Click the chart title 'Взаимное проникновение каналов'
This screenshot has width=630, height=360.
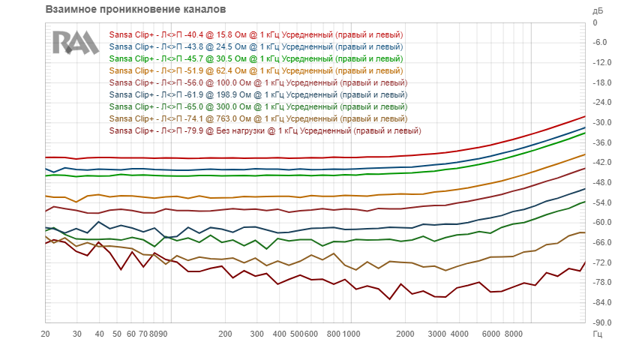(136, 9)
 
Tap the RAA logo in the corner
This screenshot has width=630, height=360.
(76, 43)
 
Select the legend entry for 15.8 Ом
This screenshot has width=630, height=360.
(256, 35)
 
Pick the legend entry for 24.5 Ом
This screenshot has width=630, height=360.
(256, 47)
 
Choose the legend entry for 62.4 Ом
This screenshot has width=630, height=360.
(256, 71)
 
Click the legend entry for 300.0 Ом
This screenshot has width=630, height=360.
(258, 107)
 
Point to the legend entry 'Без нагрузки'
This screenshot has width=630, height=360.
(265, 131)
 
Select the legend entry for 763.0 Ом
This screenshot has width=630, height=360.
(258, 119)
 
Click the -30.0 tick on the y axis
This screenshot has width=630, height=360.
(601, 122)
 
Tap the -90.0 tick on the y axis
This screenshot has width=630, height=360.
(601, 322)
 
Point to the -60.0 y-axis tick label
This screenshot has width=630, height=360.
(601, 223)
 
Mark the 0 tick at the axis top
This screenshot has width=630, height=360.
(595, 23)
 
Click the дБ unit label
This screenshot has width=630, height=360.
(598, 10)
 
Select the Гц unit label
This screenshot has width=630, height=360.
(598, 334)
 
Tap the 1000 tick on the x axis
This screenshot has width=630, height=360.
(352, 334)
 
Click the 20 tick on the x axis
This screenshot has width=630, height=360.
(46, 334)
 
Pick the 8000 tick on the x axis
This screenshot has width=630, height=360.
(514, 334)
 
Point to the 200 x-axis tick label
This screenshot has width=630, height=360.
(226, 334)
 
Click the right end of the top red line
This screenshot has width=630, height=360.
(585, 116)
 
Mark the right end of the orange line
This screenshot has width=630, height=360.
(585, 154)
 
